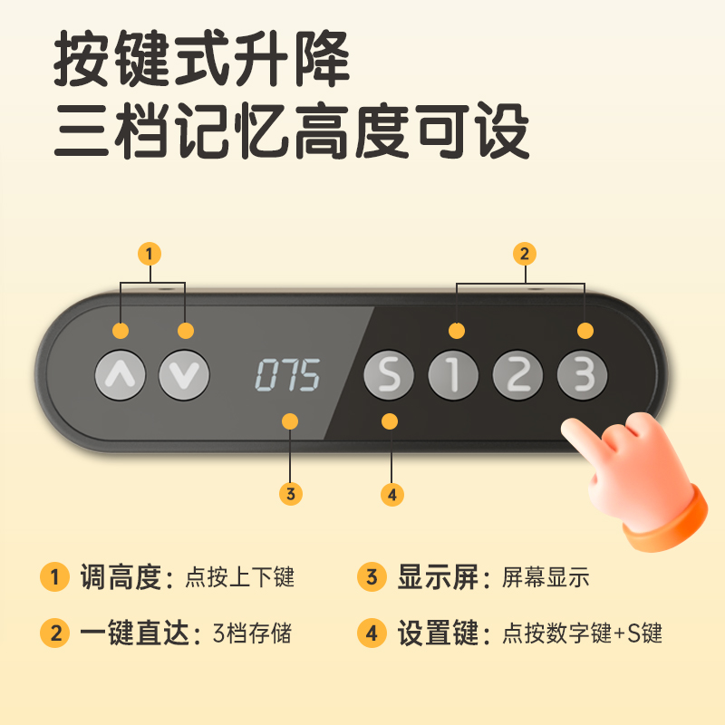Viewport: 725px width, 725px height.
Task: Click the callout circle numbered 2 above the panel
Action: (x=523, y=253)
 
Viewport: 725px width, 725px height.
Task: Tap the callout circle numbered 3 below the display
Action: (x=290, y=494)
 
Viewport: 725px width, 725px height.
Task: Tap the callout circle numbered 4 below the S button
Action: (x=391, y=494)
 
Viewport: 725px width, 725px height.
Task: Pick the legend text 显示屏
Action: (x=438, y=577)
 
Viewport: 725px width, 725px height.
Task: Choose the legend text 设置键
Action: (x=438, y=633)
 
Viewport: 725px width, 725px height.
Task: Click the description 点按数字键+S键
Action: (x=582, y=633)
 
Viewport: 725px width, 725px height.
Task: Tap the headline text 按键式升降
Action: (x=201, y=59)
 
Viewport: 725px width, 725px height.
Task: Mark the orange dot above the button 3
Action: (x=585, y=331)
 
